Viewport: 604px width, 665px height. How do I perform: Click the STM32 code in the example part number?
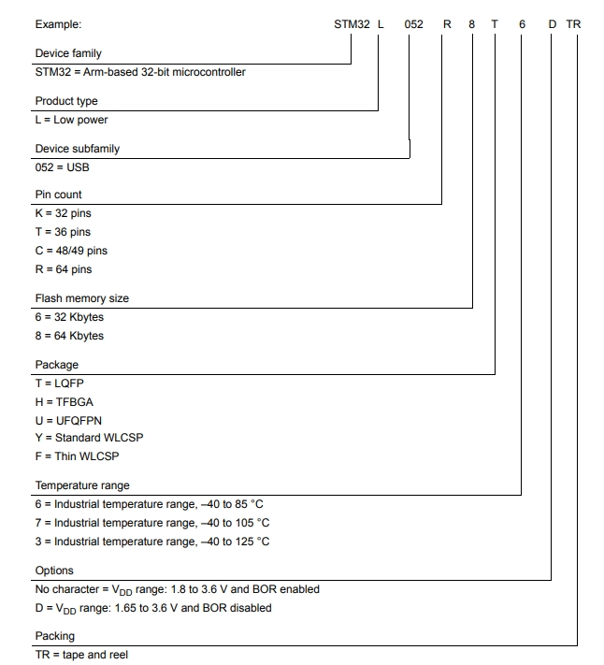[x=352, y=24]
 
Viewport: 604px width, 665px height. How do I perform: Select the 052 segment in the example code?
[x=414, y=24]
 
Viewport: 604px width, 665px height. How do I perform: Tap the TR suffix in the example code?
[x=574, y=24]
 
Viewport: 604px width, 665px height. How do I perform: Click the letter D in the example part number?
[x=552, y=24]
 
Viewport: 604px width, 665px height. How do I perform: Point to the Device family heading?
[x=68, y=53]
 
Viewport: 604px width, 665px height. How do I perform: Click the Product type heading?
[x=66, y=101]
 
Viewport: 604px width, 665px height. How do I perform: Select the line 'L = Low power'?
[x=72, y=120]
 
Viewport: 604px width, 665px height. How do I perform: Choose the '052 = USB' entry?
[x=63, y=167]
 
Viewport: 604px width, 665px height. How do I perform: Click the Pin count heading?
[x=59, y=195]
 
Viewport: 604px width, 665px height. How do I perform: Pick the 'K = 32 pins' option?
[x=64, y=213]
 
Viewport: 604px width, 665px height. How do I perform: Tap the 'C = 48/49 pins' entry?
[x=71, y=251]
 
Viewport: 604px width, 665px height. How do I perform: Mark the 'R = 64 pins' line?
[x=64, y=269]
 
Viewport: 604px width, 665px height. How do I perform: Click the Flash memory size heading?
[x=82, y=298]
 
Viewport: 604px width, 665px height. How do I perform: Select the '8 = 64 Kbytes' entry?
[x=70, y=336]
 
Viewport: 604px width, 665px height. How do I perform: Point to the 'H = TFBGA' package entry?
[x=65, y=402]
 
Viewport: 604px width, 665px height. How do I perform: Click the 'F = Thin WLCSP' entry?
[x=78, y=456]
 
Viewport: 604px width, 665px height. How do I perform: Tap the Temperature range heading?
[x=82, y=485]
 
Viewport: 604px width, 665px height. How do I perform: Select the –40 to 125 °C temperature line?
[x=152, y=542]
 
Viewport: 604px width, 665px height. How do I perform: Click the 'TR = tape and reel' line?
[x=81, y=655]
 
